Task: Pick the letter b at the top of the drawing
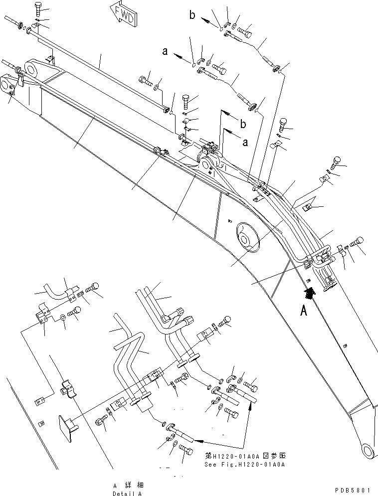click(192, 15)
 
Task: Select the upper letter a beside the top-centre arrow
click(164, 50)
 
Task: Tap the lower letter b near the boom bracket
click(243, 123)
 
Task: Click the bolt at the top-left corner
click(39, 8)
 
